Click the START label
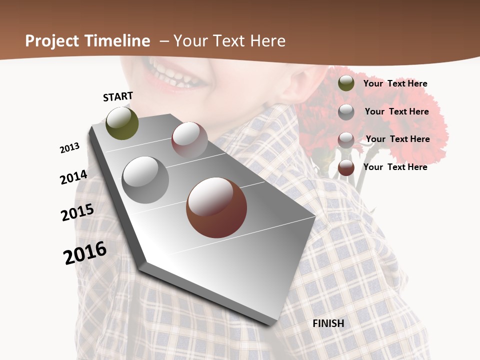tap(118, 96)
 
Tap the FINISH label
tap(328, 323)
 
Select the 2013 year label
tap(69, 148)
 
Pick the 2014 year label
tap(73, 177)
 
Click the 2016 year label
tap(85, 253)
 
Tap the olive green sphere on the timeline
tap(122, 123)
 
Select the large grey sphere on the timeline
tap(145, 180)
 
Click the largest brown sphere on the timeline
tap(216, 207)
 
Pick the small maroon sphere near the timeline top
tap(189, 140)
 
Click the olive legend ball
tap(346, 83)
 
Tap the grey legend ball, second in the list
tap(346, 111)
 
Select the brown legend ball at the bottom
tap(346, 167)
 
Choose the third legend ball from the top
tap(346, 139)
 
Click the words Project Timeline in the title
tap(87, 41)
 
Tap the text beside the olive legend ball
tap(395, 83)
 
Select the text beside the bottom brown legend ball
tap(395, 167)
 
